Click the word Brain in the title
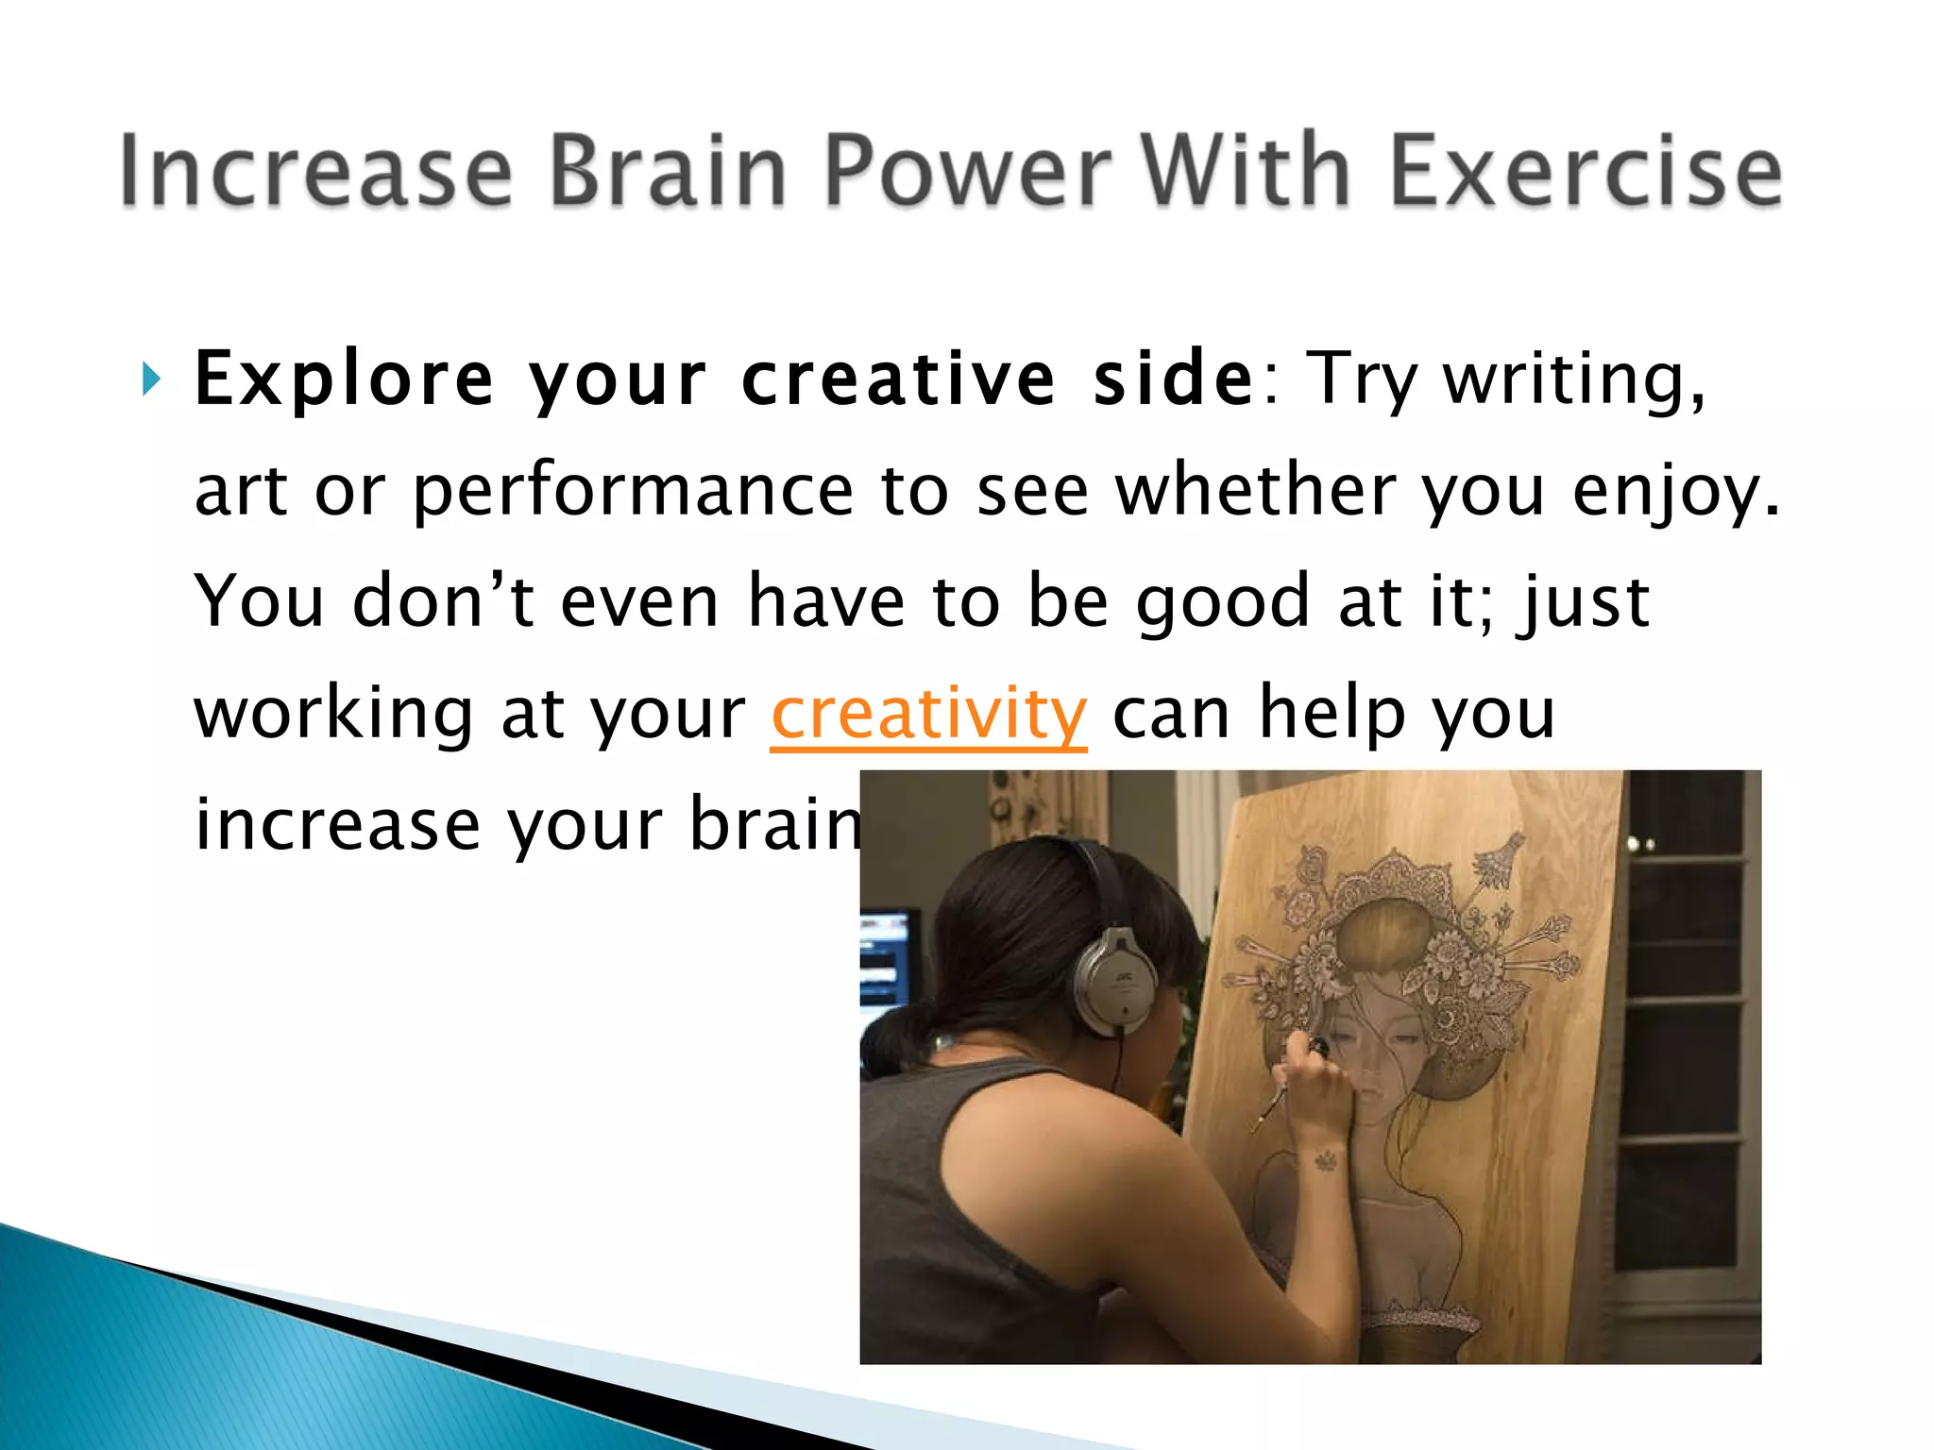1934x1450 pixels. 667,170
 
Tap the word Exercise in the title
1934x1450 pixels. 1586,170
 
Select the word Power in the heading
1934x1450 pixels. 968,170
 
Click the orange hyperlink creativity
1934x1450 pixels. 928,715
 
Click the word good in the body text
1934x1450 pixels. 1222,601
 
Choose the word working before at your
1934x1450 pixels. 333,715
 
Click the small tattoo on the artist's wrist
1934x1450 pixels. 1326,1159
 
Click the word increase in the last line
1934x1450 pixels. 336,825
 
